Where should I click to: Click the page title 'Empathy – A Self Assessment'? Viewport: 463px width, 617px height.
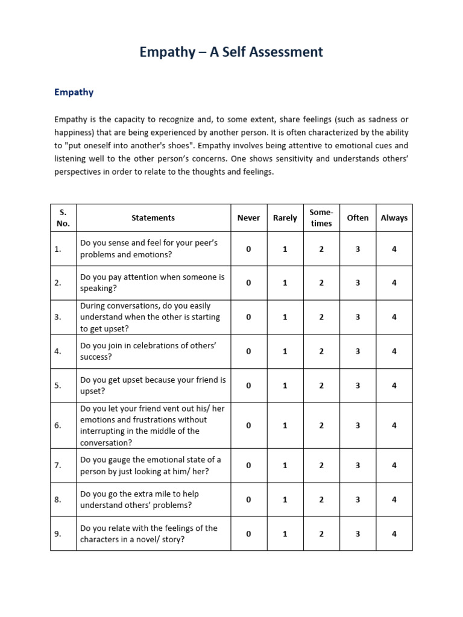click(231, 52)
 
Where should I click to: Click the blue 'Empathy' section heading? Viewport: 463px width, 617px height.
click(74, 92)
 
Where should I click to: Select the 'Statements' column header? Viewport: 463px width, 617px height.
click(153, 218)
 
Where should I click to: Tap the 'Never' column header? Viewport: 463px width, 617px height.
click(248, 218)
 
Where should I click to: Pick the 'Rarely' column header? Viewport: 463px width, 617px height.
click(285, 218)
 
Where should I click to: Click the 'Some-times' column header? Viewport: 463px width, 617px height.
click(321, 218)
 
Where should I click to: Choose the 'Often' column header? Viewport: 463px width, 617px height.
click(357, 218)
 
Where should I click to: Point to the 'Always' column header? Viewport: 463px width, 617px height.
click(394, 218)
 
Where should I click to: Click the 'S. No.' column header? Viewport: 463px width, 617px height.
click(63, 218)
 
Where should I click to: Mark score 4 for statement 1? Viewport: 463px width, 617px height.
click(394, 249)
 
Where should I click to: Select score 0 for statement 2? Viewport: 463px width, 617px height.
click(248, 283)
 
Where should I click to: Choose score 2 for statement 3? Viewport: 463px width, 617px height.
click(321, 317)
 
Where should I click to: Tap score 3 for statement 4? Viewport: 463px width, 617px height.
click(357, 351)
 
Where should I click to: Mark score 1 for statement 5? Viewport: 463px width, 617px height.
click(285, 386)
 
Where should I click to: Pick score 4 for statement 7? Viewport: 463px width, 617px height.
click(394, 465)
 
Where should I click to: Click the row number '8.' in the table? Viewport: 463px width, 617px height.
click(58, 500)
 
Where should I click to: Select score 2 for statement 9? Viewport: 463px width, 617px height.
click(321, 534)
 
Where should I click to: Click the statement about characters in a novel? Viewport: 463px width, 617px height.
click(148, 534)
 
